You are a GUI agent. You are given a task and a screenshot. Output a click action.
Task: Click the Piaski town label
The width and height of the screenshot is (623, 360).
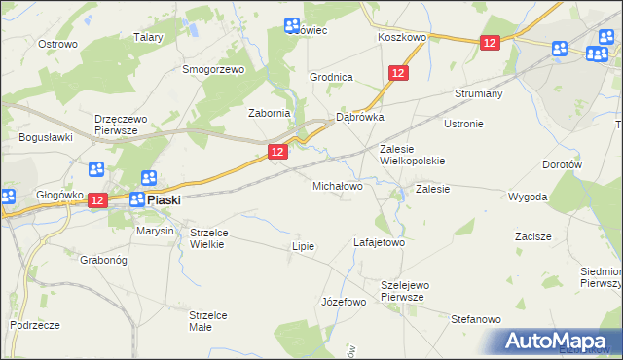click(x=166, y=199)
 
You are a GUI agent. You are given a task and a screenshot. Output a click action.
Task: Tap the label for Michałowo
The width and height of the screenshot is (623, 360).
click(x=338, y=185)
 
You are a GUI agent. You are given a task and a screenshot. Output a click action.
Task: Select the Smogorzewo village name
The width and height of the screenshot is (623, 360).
click(x=213, y=70)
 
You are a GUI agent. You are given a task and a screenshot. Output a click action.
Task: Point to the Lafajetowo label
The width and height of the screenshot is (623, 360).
click(x=378, y=242)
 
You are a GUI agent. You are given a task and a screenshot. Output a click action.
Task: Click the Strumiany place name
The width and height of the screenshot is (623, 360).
click(x=477, y=94)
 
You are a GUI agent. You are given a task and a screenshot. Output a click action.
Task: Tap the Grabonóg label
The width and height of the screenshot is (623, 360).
click(x=104, y=260)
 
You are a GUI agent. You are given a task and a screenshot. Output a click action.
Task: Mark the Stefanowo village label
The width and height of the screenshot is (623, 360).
click(x=475, y=319)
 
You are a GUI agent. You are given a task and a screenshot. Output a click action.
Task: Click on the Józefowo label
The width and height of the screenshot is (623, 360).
click(x=343, y=302)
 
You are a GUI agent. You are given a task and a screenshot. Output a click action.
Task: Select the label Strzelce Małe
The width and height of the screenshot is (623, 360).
click(x=207, y=321)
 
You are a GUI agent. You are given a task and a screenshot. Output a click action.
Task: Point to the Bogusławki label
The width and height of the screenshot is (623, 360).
click(x=46, y=138)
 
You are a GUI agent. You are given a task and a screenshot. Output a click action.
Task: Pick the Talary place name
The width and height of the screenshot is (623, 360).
click(x=148, y=37)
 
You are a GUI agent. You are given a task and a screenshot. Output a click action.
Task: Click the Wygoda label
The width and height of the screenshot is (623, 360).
click(x=528, y=197)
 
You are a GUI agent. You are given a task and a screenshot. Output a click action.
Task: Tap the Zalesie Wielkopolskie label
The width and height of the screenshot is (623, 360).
click(x=412, y=155)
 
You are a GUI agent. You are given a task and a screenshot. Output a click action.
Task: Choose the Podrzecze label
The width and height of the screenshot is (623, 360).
click(x=35, y=324)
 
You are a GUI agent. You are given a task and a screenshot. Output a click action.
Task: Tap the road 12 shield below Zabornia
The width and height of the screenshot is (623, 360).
click(x=277, y=152)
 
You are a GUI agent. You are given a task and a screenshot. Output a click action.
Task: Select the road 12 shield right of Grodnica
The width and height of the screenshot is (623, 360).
click(x=397, y=73)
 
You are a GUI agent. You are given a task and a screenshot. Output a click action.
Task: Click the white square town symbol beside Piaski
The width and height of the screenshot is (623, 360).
click(x=137, y=199)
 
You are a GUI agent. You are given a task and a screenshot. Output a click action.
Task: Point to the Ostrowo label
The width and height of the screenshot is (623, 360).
click(x=57, y=45)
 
